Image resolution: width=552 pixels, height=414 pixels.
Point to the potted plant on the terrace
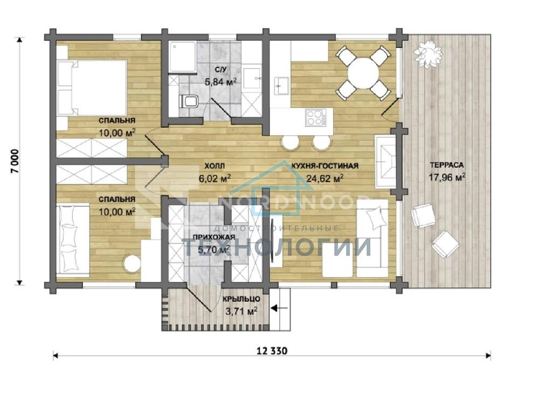pos(427,53)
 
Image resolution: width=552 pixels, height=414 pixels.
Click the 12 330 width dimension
pos(272,351)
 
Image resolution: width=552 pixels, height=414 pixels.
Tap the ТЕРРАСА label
pos(447,165)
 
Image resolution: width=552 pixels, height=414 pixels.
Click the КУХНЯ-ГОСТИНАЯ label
pos(325,166)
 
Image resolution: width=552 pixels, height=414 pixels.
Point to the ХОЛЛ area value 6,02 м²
pos(215,178)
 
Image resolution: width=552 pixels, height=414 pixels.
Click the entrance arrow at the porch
pos(279,308)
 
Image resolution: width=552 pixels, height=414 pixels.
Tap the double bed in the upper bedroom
pos(92,87)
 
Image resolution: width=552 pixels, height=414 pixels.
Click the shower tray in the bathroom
pos(183,57)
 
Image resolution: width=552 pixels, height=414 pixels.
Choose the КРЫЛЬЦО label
pos(241,299)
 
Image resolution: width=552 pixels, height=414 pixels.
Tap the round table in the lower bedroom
pos(132,263)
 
